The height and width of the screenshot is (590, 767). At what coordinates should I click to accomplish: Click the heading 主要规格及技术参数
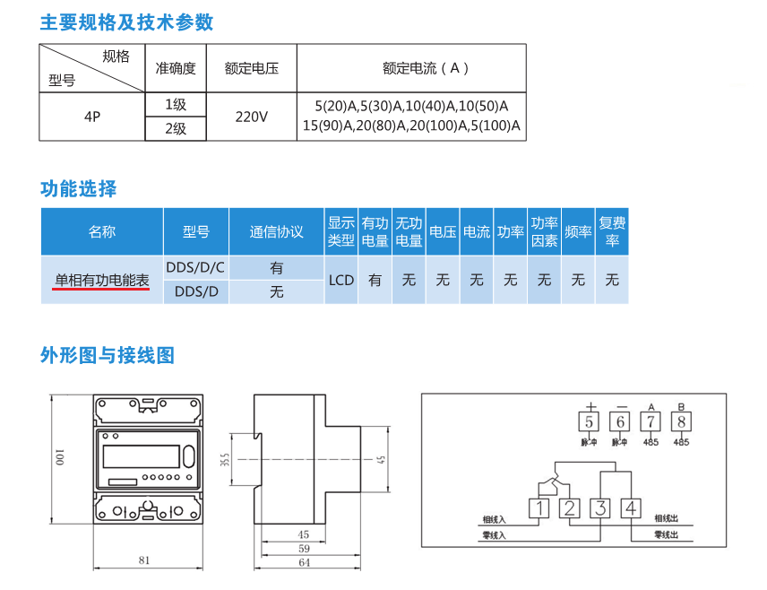click(x=126, y=22)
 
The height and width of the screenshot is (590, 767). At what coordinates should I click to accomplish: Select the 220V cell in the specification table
click(x=251, y=117)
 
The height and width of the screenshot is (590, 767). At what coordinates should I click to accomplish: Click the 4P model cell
click(x=92, y=117)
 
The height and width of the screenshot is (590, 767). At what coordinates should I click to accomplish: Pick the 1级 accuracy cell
click(x=176, y=104)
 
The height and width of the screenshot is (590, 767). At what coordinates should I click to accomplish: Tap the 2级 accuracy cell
click(x=176, y=128)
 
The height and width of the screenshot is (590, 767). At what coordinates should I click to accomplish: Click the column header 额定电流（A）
click(x=411, y=68)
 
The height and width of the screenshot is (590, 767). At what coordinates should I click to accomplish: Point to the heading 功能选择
click(x=79, y=189)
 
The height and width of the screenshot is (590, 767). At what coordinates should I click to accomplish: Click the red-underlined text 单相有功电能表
click(x=102, y=280)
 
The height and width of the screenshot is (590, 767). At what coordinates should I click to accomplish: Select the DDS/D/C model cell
click(x=195, y=267)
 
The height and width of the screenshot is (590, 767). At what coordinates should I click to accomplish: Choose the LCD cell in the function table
click(x=341, y=280)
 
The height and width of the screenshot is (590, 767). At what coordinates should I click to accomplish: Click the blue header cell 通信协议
click(x=276, y=231)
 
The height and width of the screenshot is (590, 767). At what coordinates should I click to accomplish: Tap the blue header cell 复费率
click(x=612, y=231)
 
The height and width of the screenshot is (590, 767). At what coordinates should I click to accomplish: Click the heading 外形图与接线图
click(x=108, y=355)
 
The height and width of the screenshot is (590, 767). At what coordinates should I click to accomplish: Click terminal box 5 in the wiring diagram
click(x=590, y=421)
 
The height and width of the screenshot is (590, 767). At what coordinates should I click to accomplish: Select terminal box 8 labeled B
click(x=682, y=421)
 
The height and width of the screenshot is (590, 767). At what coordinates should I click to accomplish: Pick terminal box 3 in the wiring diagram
click(x=600, y=508)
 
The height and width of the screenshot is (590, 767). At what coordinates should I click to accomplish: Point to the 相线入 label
click(x=494, y=519)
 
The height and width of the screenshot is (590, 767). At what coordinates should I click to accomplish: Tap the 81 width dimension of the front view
click(x=144, y=560)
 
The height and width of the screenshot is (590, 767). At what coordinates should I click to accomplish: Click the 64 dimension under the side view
click(x=304, y=562)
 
